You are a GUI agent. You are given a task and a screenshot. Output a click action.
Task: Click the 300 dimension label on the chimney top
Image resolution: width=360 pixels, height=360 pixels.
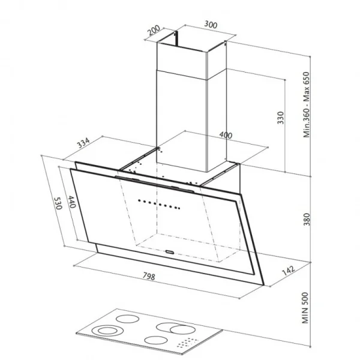(211, 25)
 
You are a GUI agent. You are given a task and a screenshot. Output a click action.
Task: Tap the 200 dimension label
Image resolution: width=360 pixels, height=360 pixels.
(154, 30)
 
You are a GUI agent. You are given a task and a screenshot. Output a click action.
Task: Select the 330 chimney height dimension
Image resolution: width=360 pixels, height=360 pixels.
(281, 118)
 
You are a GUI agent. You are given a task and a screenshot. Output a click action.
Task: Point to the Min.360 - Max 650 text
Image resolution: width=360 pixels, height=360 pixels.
(307, 104)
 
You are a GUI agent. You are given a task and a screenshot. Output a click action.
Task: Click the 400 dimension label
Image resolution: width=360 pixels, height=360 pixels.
(226, 135)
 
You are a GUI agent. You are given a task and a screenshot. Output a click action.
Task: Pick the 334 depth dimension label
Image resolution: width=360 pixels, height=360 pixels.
(83, 143)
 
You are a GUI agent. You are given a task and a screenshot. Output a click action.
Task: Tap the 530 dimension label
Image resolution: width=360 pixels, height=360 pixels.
(58, 203)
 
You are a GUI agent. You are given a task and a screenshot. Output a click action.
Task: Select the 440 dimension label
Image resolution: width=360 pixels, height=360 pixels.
(72, 202)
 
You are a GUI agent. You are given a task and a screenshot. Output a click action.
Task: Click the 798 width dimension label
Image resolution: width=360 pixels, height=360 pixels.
(149, 276)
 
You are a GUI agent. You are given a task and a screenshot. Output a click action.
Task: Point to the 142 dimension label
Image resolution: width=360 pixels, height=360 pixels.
(288, 271)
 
